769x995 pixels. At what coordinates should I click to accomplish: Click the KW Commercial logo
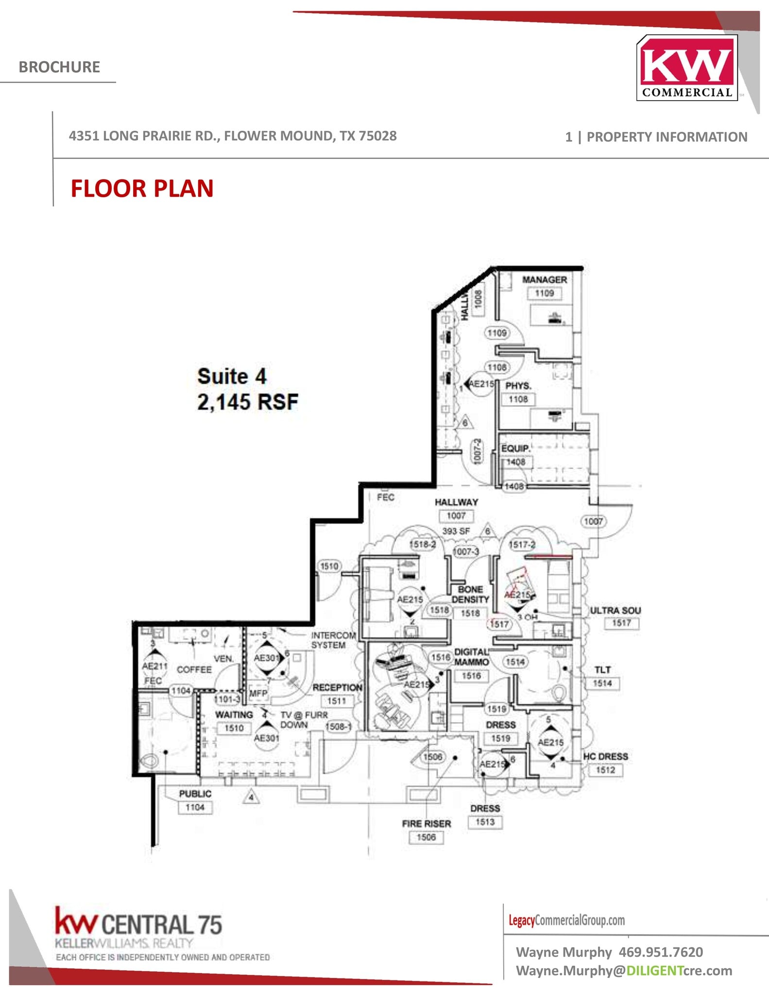(687, 68)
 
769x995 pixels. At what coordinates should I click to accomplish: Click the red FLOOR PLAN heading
(142, 189)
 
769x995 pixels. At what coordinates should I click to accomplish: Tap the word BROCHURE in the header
(59, 67)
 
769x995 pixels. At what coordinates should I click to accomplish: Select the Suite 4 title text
(232, 377)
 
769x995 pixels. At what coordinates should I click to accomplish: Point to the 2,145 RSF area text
(247, 402)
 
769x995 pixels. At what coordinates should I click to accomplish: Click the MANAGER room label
(544, 280)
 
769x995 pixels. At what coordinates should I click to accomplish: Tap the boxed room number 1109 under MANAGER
(544, 293)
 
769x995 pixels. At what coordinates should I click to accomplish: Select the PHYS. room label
(518, 386)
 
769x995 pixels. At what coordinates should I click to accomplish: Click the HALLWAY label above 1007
(456, 502)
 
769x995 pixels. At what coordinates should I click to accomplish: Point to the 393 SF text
(456, 531)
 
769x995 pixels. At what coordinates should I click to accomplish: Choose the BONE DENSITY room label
(470, 595)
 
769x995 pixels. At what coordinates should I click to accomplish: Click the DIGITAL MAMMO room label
(471, 657)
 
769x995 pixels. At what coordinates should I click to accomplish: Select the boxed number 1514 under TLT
(602, 683)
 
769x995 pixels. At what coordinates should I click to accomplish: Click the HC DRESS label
(605, 756)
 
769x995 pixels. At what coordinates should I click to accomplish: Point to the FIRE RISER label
(426, 823)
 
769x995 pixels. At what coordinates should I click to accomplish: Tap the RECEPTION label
(337, 687)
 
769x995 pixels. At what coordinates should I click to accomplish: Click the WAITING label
(234, 715)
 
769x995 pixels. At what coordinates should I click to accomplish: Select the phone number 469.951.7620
(661, 952)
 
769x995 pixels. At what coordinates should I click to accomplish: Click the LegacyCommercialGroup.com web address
(566, 920)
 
